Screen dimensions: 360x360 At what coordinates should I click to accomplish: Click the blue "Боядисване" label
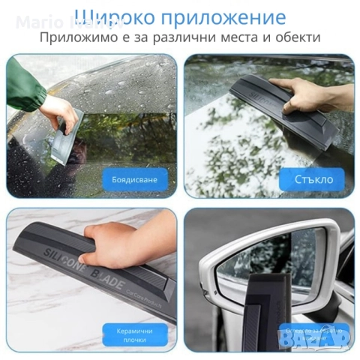point(135,179)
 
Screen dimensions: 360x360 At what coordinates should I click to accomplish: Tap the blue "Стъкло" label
point(312,179)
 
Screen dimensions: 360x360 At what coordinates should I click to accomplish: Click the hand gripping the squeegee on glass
point(311,93)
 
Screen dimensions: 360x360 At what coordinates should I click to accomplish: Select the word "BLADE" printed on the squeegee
point(112,276)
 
